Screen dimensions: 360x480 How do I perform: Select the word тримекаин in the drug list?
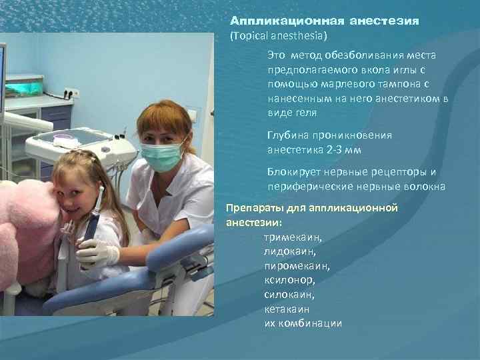(293, 237)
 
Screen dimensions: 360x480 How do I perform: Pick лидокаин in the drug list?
(290, 251)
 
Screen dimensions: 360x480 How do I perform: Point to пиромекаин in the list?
(297, 266)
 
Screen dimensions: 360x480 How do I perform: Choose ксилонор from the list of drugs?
(289, 281)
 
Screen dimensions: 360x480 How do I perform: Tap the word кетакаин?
(287, 309)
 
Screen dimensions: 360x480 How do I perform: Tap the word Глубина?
(287, 135)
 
